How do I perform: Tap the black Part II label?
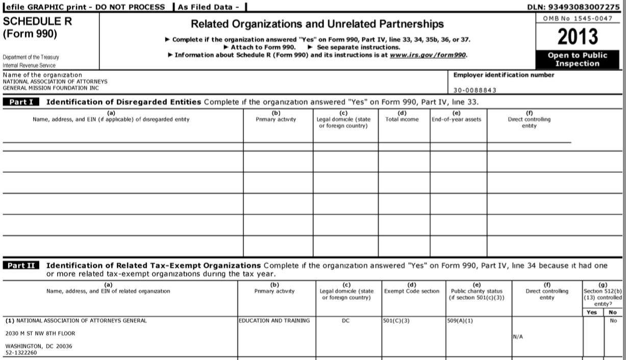[x=22, y=266]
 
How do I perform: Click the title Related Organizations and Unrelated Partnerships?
[x=317, y=24]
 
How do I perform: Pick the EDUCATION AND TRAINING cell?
[x=275, y=321]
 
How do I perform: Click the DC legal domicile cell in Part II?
[x=348, y=321]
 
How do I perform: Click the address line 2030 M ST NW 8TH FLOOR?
[x=40, y=333]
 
